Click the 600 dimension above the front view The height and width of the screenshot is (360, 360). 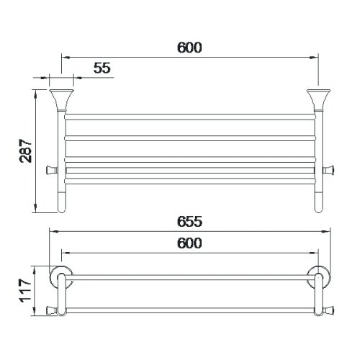(x=189, y=48)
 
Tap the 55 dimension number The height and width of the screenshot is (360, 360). (x=102, y=68)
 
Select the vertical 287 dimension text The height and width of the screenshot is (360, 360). (x=26, y=150)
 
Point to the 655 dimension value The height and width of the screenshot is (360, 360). (x=189, y=222)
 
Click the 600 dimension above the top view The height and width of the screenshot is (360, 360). (x=189, y=243)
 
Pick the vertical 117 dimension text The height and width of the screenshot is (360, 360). (x=26, y=290)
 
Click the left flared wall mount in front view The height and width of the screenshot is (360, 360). (x=61, y=100)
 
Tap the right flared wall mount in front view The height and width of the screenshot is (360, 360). (x=318, y=100)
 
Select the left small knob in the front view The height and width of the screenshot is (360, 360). (x=52, y=170)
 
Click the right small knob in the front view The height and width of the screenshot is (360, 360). (x=329, y=170)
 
